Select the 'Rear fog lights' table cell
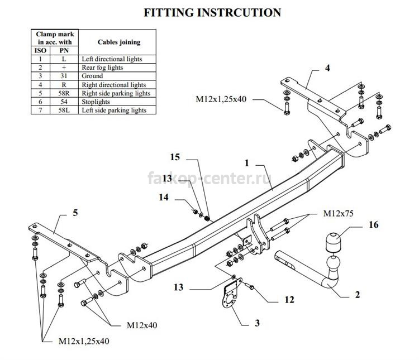point(117,68)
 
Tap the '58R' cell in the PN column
point(64,93)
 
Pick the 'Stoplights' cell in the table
point(117,102)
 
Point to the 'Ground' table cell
point(117,76)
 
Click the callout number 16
point(374,224)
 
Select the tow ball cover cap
point(333,242)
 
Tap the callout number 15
point(175,157)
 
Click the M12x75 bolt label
point(338,213)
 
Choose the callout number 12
point(289,300)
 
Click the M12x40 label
point(142,325)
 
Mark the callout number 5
point(75,213)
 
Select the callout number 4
point(327,68)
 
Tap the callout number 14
point(164,198)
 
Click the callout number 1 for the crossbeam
point(246,163)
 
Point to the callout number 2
point(358,295)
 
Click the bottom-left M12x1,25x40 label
point(84,342)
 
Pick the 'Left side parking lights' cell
point(117,111)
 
